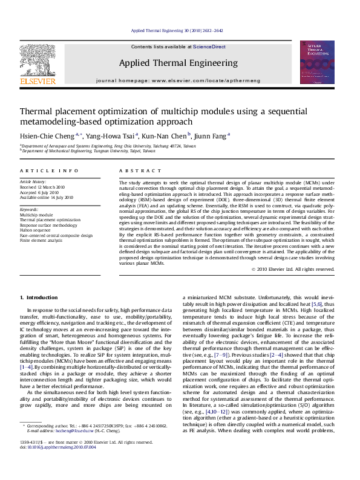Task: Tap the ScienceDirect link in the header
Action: click(x=209, y=47)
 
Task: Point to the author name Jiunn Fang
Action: click(x=211, y=135)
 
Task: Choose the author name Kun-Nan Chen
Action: click(x=165, y=135)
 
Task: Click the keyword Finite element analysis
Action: click(x=41, y=240)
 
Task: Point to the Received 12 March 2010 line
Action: click(x=43, y=187)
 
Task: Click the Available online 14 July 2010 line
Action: click(x=47, y=197)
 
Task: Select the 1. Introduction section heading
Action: click(x=39, y=297)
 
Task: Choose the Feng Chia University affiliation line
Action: click(x=108, y=146)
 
